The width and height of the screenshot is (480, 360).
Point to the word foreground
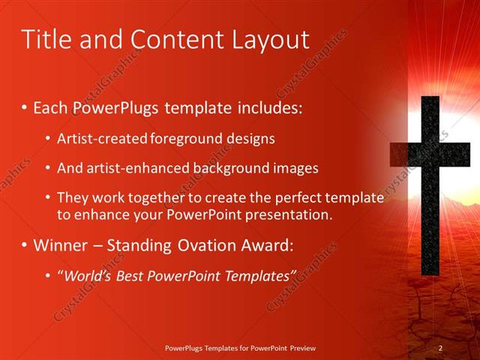pyautogui.click(x=184, y=139)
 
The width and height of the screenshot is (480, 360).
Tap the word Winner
pyautogui.click(x=63, y=245)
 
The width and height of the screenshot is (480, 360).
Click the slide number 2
pyautogui.click(x=440, y=348)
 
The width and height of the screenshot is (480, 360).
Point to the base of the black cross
pyautogui.click(x=429, y=266)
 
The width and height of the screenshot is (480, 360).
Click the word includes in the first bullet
pyautogui.click(x=270, y=108)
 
